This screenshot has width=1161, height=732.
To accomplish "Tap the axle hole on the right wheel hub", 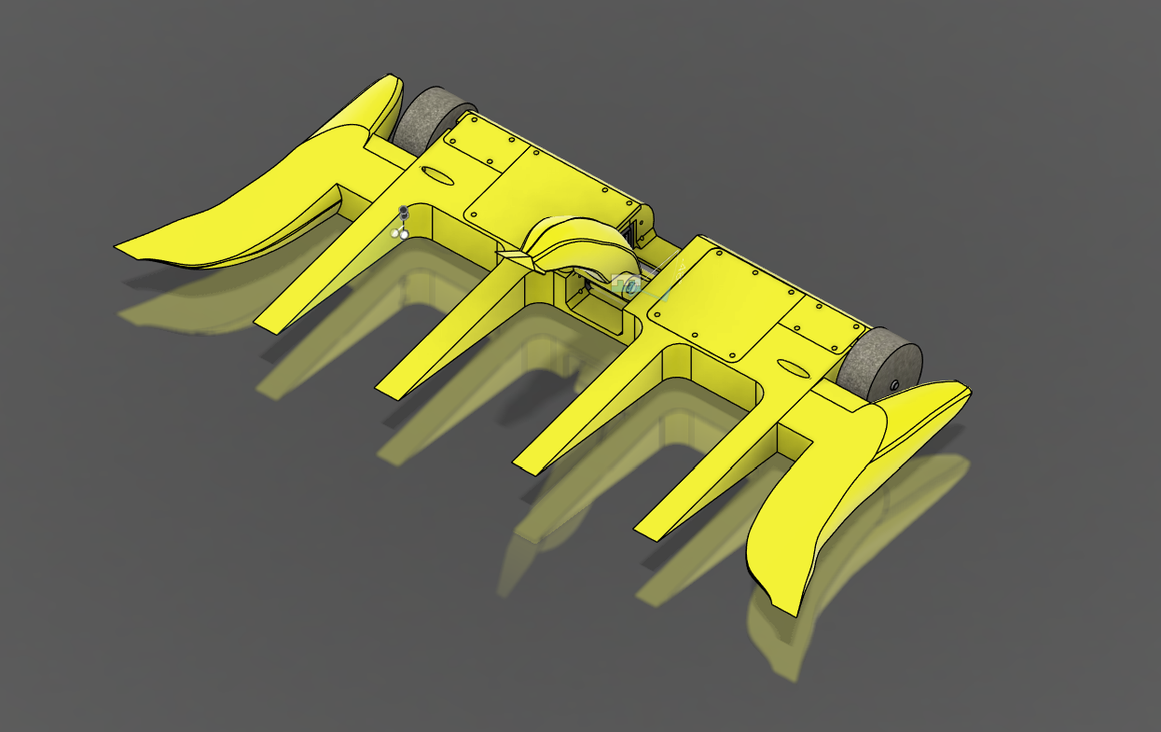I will coord(893,383).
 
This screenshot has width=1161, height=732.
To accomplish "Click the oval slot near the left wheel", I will coord(439,175).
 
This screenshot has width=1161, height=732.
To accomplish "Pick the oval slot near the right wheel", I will coord(789,367).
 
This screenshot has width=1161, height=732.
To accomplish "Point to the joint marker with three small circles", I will coord(402,224).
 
